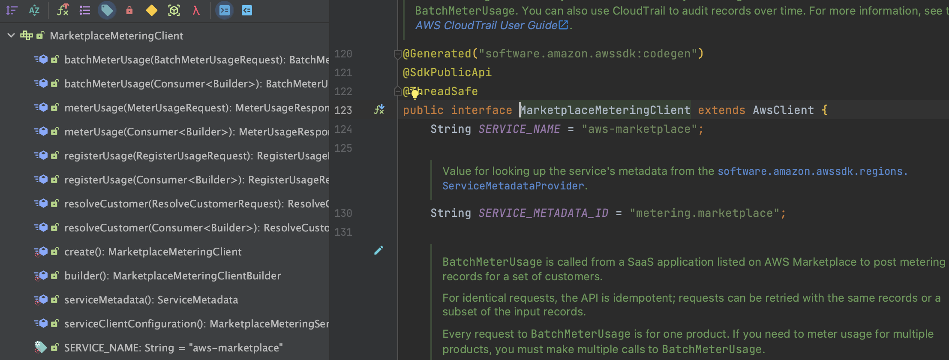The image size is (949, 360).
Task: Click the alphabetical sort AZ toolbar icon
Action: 34,10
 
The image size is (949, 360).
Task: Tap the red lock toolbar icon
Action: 129,10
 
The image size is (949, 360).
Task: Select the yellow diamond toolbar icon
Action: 151,10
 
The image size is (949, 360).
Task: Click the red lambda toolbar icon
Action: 196,10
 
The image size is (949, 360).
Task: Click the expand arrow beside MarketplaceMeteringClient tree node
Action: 11,36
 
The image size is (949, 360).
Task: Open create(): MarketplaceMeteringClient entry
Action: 153,252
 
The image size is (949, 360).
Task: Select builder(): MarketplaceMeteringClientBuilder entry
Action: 172,276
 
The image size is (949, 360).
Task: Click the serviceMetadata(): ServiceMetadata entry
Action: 151,300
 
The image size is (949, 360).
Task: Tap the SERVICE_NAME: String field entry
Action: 173,348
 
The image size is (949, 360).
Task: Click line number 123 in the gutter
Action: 343,110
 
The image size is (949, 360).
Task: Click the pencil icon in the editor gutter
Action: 378,250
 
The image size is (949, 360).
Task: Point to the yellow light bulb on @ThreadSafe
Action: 414,94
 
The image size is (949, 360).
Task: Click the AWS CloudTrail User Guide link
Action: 486,25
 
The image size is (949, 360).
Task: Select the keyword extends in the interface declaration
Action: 721,110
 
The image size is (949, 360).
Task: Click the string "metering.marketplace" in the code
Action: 704,213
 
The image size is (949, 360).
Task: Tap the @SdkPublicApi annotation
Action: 447,72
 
